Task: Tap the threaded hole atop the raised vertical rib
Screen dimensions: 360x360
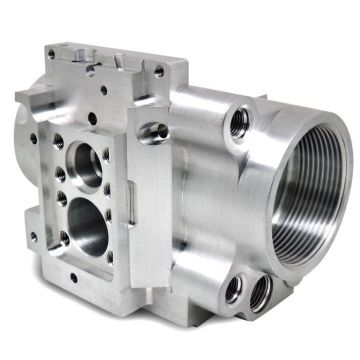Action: (152, 129)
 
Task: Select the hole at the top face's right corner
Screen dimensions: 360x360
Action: (157, 71)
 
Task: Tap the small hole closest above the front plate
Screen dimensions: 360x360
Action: (104, 109)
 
